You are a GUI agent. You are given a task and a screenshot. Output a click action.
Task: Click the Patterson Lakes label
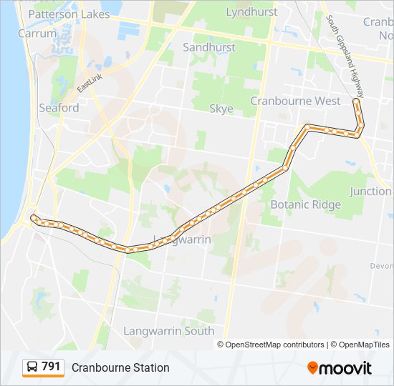[x=69, y=14]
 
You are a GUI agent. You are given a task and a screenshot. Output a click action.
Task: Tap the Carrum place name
[x=37, y=33]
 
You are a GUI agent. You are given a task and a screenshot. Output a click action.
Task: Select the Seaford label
[x=59, y=108]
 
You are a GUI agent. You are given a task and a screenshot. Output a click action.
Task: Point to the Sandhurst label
[x=209, y=47]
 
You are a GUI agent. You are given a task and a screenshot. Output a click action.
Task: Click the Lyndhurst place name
[x=251, y=12]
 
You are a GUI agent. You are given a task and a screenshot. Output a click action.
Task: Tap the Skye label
[x=221, y=109]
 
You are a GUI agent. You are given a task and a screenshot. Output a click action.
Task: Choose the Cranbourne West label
[x=295, y=101]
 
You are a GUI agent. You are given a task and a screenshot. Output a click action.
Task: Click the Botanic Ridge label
[x=305, y=204]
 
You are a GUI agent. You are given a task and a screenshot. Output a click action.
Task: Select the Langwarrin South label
[x=168, y=331]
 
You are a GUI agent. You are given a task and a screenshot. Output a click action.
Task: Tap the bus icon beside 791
[x=32, y=367]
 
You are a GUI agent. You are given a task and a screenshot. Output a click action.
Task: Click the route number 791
[x=52, y=367]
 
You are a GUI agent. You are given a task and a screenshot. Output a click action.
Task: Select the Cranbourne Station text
[x=120, y=367]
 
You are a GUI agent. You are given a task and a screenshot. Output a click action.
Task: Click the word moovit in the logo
[x=346, y=367]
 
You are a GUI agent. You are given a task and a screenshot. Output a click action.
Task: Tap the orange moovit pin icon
[x=313, y=367]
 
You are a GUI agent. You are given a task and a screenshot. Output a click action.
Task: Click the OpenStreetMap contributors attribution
[x=274, y=345]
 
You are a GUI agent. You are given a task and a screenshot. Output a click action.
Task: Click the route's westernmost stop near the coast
[x=33, y=217]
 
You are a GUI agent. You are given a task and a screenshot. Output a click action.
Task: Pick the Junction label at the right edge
[x=370, y=192]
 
